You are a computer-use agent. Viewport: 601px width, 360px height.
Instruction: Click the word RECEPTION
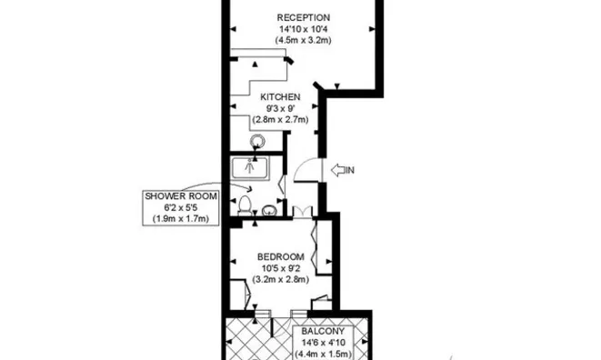click(303, 17)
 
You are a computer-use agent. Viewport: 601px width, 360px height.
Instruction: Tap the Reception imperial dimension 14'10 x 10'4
click(303, 30)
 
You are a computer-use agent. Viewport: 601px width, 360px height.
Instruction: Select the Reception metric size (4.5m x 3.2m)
click(303, 42)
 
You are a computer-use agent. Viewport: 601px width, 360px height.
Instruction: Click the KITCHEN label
click(281, 96)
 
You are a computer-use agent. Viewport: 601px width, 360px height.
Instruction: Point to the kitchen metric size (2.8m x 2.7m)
click(281, 119)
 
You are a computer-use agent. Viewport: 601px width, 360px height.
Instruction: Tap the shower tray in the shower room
click(250, 167)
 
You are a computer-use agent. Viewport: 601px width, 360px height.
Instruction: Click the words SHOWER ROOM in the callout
click(177, 196)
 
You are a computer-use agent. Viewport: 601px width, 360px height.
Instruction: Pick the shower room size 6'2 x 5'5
click(177, 207)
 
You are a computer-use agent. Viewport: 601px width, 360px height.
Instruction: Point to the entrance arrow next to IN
click(341, 170)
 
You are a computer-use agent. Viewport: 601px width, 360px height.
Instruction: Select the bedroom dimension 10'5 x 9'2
click(281, 267)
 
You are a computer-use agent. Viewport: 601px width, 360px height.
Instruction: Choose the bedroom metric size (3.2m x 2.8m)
click(281, 279)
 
